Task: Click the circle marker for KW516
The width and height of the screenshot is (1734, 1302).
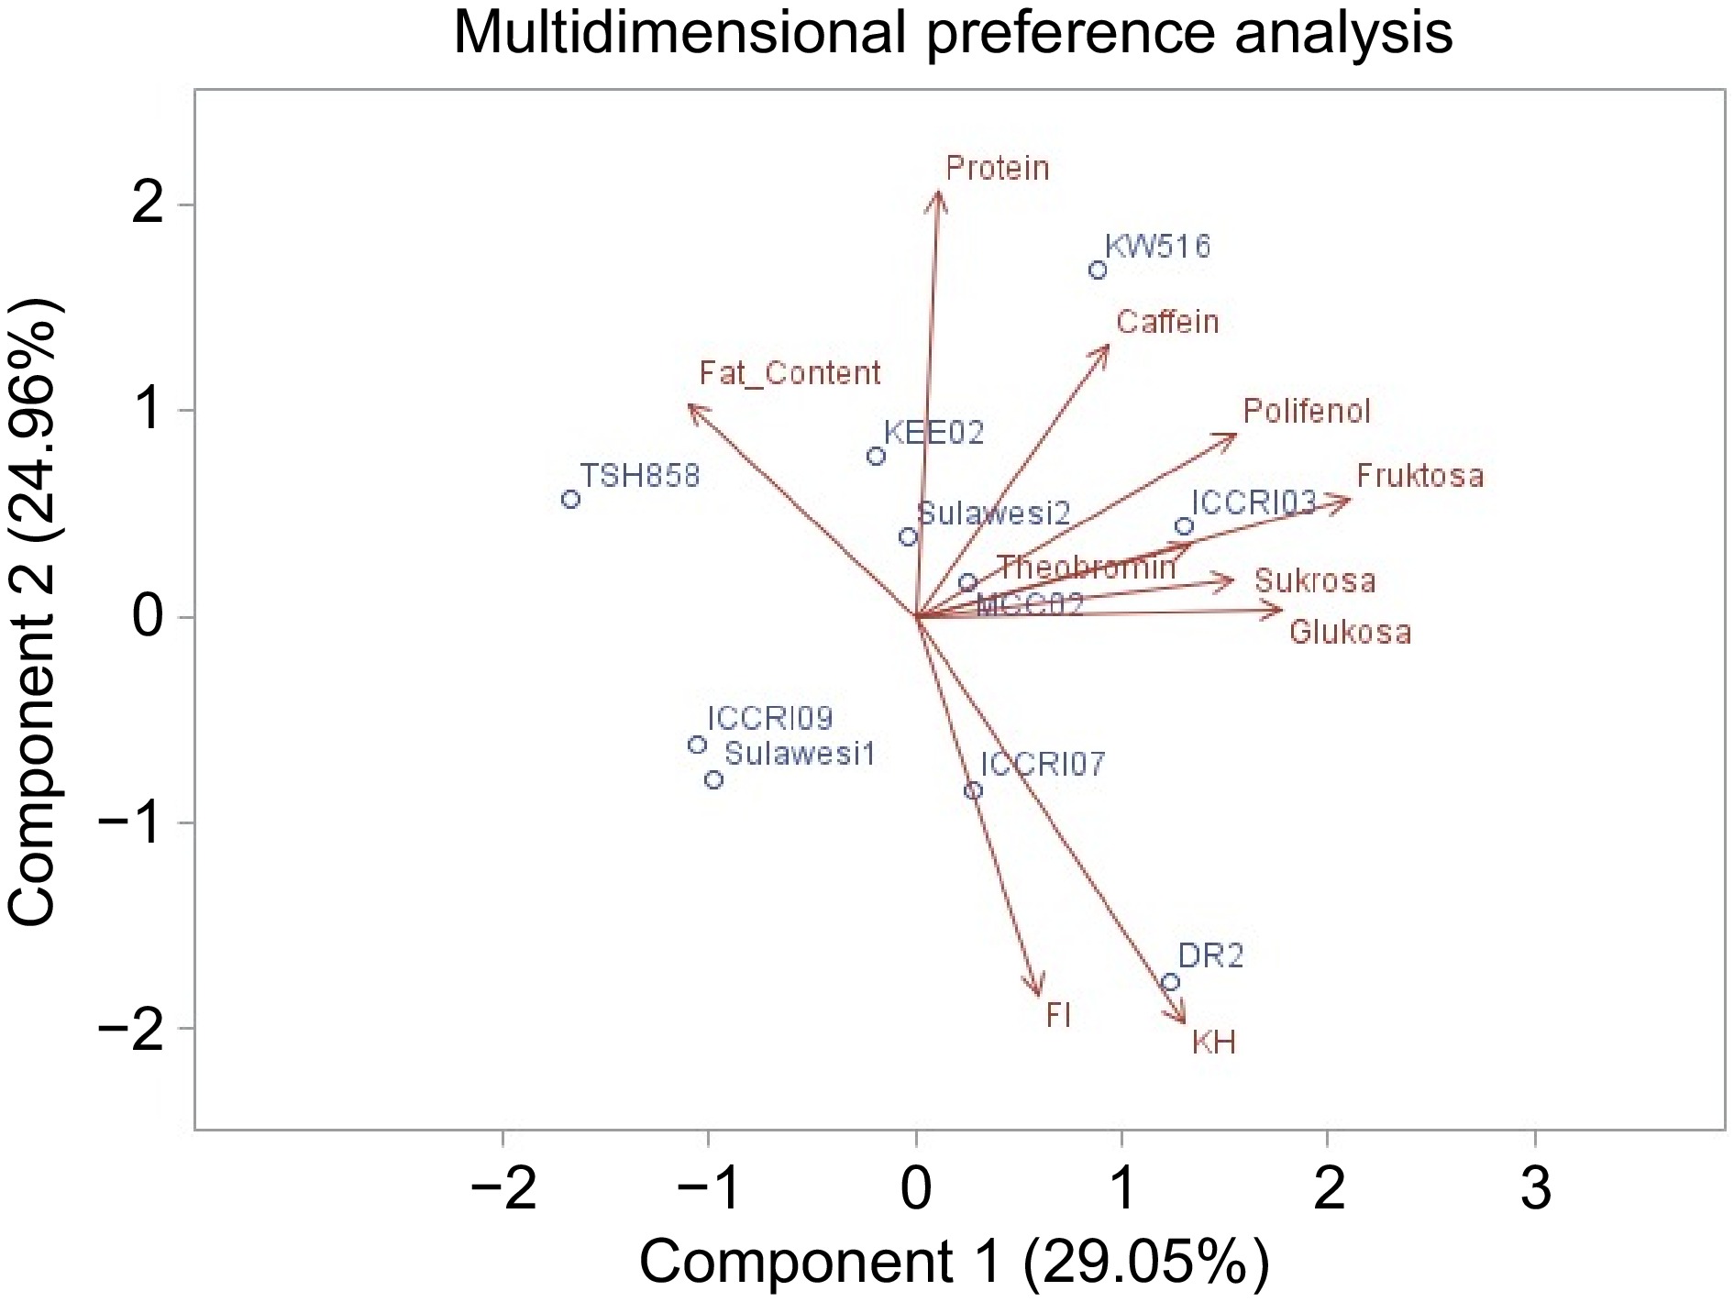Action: (1098, 270)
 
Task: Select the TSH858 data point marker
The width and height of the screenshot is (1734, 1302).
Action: (570, 500)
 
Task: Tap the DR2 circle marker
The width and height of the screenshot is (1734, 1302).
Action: (1170, 983)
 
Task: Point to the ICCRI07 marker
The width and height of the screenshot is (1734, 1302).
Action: (974, 790)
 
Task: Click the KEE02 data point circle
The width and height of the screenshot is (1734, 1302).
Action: (876, 456)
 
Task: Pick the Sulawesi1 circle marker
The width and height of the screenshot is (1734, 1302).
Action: (714, 780)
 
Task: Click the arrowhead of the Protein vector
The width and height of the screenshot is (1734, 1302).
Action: (937, 193)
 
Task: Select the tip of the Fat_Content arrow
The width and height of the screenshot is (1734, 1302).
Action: (690, 406)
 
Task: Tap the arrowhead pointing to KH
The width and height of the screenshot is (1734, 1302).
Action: (1185, 1022)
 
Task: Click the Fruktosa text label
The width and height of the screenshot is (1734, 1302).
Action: (1419, 476)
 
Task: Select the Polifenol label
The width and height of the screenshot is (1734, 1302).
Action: (1307, 412)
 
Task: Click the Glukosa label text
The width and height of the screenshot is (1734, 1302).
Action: (1350, 633)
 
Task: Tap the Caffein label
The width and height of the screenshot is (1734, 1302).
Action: (1167, 322)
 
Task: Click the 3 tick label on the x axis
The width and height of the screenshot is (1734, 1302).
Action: (1536, 1188)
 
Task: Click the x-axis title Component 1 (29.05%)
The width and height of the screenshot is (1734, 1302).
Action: (954, 1263)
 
